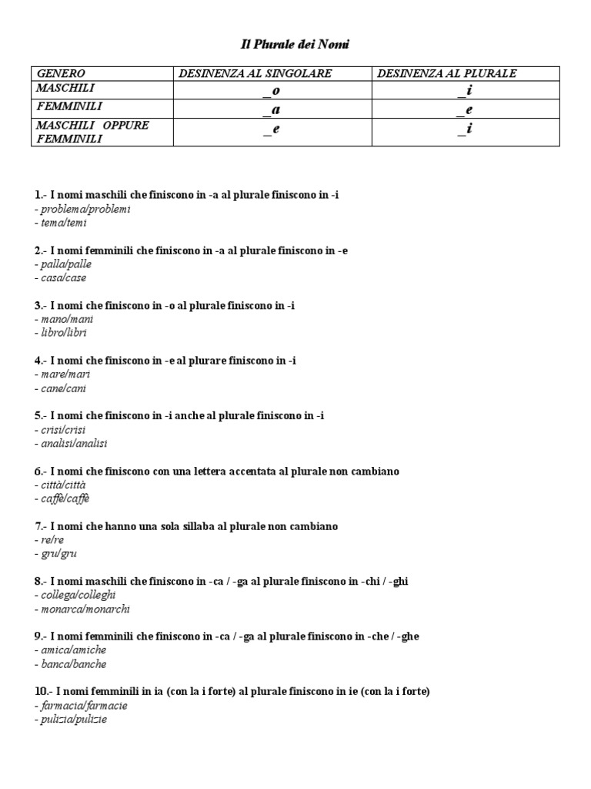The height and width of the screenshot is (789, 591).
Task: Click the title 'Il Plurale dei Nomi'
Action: point(292,45)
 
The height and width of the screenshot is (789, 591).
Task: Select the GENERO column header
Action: point(62,74)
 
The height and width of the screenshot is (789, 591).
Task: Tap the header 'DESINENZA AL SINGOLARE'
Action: point(255,74)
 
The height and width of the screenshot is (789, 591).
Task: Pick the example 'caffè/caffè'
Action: point(62,499)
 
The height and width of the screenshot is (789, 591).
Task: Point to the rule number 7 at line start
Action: point(38,526)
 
